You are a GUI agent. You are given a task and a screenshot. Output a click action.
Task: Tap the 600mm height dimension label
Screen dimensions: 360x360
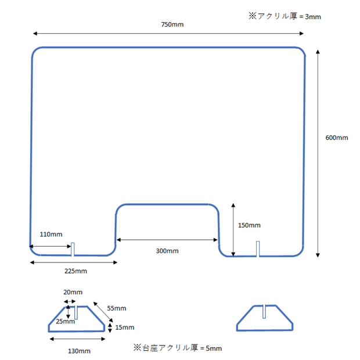coord(336,138)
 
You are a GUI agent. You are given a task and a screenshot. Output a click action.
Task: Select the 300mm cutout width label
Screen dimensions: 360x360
coord(167,251)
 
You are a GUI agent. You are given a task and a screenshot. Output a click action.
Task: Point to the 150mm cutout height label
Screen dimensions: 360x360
coord(249,225)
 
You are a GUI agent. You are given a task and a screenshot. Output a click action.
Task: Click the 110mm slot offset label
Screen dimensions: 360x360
coord(51,234)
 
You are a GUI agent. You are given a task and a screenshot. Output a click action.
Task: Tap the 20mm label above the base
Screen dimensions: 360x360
coord(73,292)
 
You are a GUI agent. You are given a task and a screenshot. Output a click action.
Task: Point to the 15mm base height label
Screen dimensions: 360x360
coord(124,327)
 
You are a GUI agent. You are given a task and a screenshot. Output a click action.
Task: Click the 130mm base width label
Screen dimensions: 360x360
coord(78,351)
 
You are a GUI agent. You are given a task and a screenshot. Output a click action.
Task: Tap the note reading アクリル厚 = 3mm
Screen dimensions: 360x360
coord(285,17)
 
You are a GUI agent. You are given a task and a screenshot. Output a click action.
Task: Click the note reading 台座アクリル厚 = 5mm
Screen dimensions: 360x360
coord(178,348)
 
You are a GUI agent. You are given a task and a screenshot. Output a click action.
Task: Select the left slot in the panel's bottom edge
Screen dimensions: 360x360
coord(73,249)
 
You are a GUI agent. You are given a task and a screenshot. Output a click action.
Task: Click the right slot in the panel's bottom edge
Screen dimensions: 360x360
coord(258,249)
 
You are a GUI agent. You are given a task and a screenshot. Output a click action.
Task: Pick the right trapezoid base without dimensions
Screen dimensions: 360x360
coord(265,319)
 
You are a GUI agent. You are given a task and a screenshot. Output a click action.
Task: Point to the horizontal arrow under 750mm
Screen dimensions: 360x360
coord(169,34)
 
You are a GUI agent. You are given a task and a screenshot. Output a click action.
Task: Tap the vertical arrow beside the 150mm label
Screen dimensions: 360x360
coord(233,229)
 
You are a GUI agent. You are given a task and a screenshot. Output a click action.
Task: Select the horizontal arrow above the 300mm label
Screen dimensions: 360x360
coord(167,240)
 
